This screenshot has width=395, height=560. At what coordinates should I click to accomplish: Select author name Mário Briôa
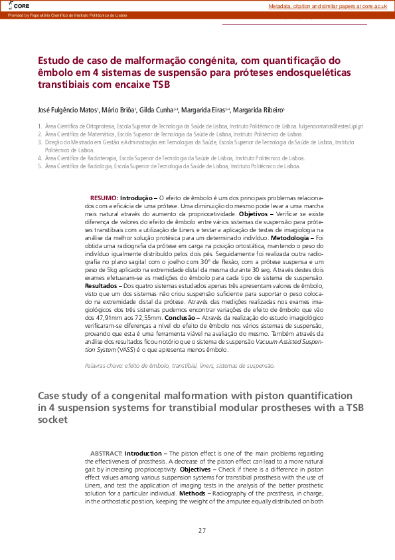pyautogui.click(x=119, y=109)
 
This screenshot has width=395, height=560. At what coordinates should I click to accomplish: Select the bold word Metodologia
pyautogui.click(x=288, y=237)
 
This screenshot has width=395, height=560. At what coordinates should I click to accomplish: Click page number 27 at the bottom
pyautogui.click(x=202, y=530)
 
